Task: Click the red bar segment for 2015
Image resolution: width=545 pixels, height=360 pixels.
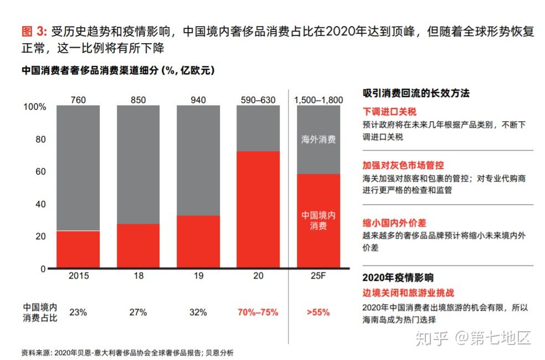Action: tap(78, 249)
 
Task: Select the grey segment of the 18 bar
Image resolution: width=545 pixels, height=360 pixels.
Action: tap(138, 164)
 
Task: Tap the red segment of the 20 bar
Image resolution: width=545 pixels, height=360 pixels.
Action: tap(258, 209)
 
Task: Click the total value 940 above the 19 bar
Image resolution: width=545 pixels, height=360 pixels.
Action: tap(198, 100)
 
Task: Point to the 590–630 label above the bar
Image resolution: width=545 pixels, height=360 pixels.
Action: tap(258, 100)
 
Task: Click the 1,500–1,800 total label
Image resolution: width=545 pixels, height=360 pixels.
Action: tap(318, 100)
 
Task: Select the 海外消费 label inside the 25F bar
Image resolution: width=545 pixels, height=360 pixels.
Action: tap(318, 140)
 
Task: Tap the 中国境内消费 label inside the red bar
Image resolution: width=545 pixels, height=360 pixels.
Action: tap(318, 220)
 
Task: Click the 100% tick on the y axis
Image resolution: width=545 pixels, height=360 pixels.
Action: tap(34, 107)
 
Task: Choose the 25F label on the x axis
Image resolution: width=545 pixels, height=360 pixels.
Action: tap(318, 275)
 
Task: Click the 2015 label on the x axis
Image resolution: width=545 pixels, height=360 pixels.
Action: tap(78, 275)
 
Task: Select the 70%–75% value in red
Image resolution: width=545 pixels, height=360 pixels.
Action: tap(258, 312)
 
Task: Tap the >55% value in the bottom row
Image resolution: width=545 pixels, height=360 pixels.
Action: tap(318, 312)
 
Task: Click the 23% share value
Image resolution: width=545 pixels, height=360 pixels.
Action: tap(78, 312)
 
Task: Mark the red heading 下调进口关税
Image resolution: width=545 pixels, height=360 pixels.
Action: tap(389, 111)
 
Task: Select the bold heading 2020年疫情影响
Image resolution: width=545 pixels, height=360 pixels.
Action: tap(398, 278)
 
